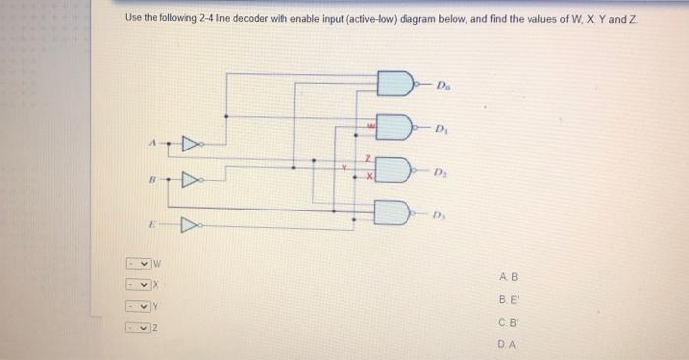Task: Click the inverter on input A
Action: click(188, 147)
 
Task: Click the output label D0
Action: click(444, 83)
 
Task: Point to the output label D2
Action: click(444, 171)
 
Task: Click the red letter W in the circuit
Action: click(371, 125)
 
